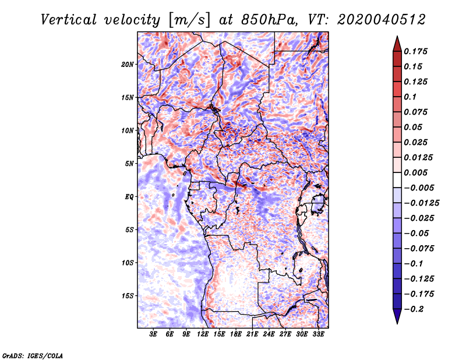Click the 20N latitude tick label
pos(128,65)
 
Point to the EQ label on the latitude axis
pos(129,197)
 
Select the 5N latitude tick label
pos(129,164)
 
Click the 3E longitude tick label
pos(153,334)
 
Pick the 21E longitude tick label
pos(252,334)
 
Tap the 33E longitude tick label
pos(318,334)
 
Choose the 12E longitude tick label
pos(203,334)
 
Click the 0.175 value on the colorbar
pos(415,51)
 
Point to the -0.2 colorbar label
pos(414,309)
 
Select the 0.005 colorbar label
pos(415,172)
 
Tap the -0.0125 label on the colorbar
pos(421,203)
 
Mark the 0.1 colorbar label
pos(410,97)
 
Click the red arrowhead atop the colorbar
pos(397,44)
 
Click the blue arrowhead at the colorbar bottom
pos(397,316)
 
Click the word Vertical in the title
pos(69,20)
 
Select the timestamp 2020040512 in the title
pos(382,20)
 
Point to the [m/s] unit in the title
pos(190,20)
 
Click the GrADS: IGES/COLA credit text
pos(33,356)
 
